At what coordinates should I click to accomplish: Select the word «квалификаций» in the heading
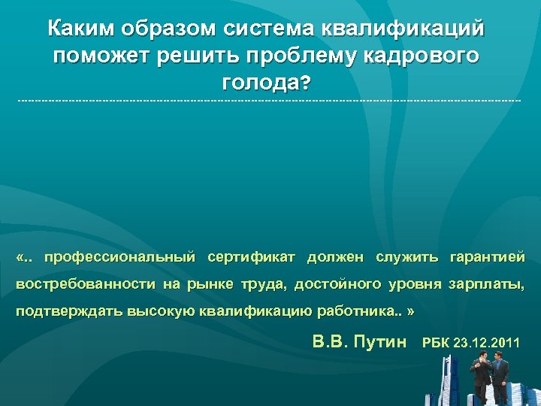tap(403, 29)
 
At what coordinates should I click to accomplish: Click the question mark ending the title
tap(304, 84)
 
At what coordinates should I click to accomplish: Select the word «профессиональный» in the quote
tap(119, 258)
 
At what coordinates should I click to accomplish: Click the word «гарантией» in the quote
tap(487, 258)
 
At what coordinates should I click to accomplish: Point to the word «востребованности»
tap(82, 285)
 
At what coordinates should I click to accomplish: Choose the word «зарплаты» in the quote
tap(485, 285)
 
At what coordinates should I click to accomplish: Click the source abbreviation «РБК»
tap(437, 343)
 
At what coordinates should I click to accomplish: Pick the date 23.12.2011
tap(487, 343)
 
